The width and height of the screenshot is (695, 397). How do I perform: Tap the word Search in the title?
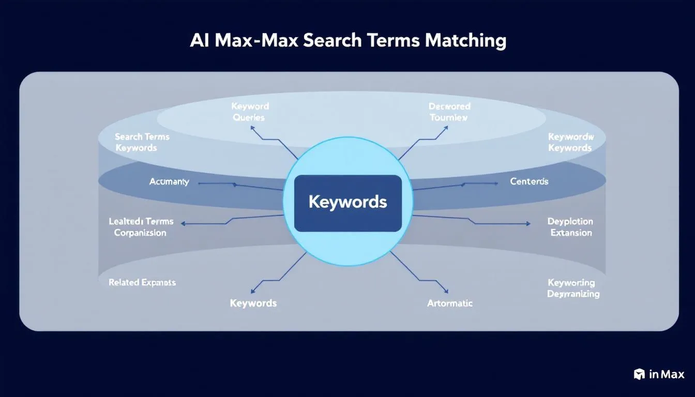[333, 40]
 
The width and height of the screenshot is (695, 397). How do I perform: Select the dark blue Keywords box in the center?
[347, 202]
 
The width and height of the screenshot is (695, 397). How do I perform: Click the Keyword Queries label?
[250, 112]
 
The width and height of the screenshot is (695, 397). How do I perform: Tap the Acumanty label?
[169, 182]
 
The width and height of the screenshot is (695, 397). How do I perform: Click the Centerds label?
[529, 181]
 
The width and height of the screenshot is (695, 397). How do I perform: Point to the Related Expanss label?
[142, 283]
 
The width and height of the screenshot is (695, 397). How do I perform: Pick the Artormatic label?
[449, 303]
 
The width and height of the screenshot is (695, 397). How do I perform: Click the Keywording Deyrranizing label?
[573, 288]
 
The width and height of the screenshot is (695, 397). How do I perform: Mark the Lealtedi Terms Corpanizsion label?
[141, 227]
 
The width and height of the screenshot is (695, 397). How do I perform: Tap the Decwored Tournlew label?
[449, 112]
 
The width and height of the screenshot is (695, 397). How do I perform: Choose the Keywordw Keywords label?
[570, 142]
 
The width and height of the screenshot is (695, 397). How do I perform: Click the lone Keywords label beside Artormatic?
[253, 303]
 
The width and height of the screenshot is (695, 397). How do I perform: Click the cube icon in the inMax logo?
[639, 374]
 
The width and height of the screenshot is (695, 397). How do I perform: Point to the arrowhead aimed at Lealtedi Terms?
[184, 224]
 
